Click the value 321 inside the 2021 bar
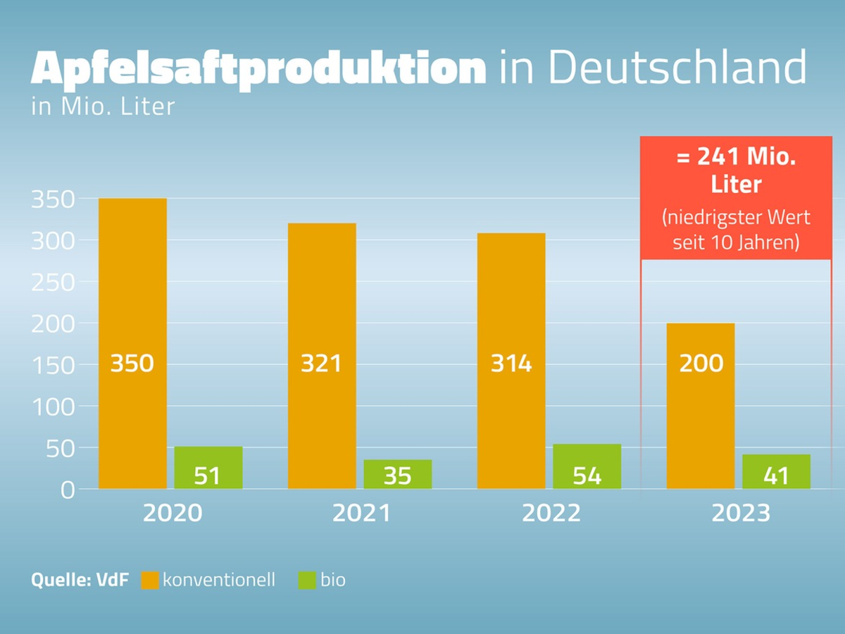coord(321,363)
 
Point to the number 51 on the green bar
coord(208,476)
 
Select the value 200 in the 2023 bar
coord(701,363)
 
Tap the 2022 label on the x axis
coord(551,513)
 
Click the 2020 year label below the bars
coord(173,513)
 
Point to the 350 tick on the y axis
coord(53,199)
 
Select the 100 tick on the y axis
coord(53,406)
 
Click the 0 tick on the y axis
coord(67,490)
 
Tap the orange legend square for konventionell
coord(150,580)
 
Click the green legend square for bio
coord(307,580)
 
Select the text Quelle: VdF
coord(80,580)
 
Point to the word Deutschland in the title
coord(652,68)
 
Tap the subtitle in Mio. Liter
coord(103,108)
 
